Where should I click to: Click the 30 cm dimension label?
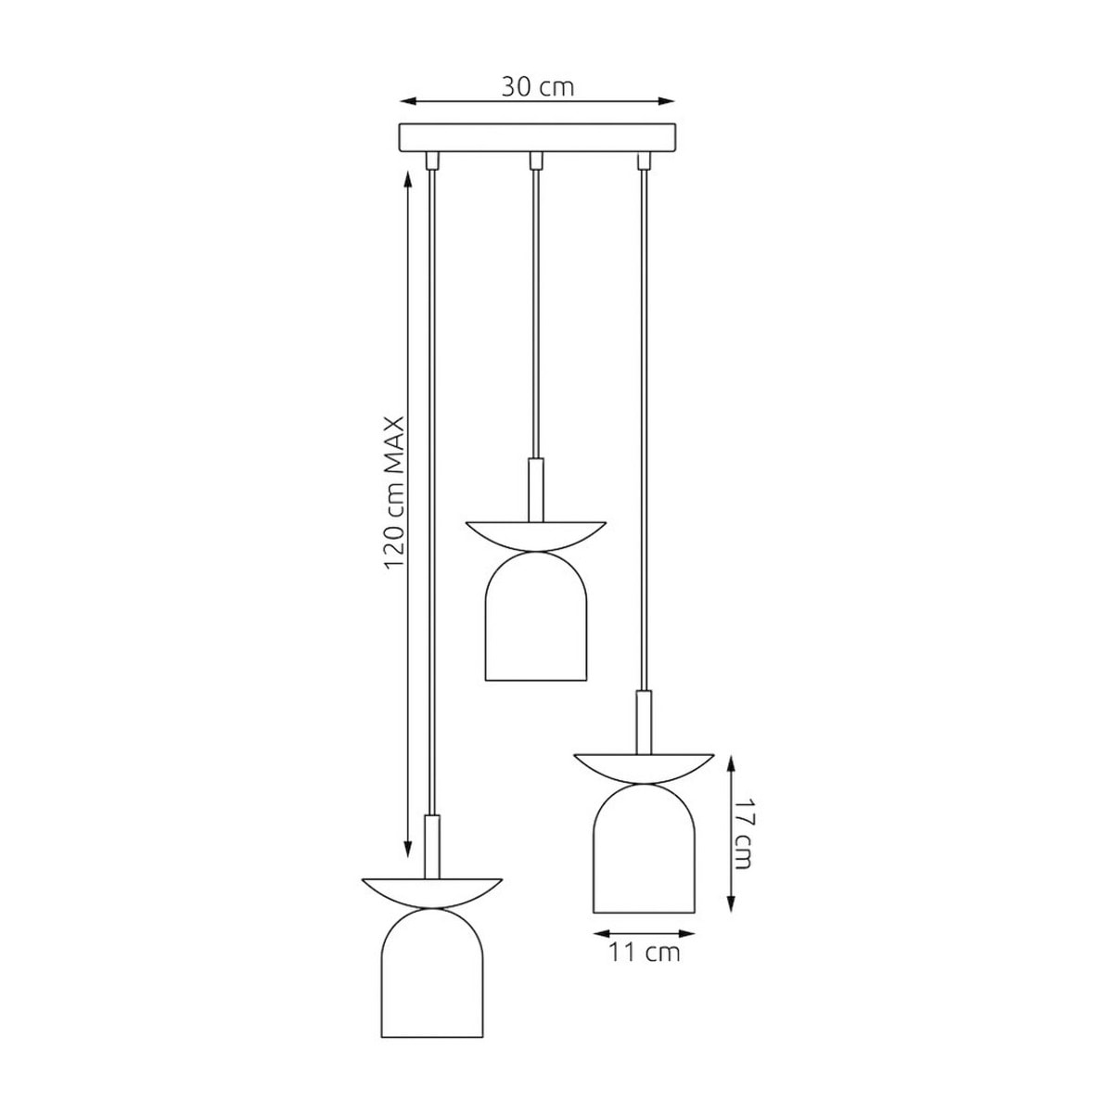537,87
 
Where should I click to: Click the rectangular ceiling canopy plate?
537,138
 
